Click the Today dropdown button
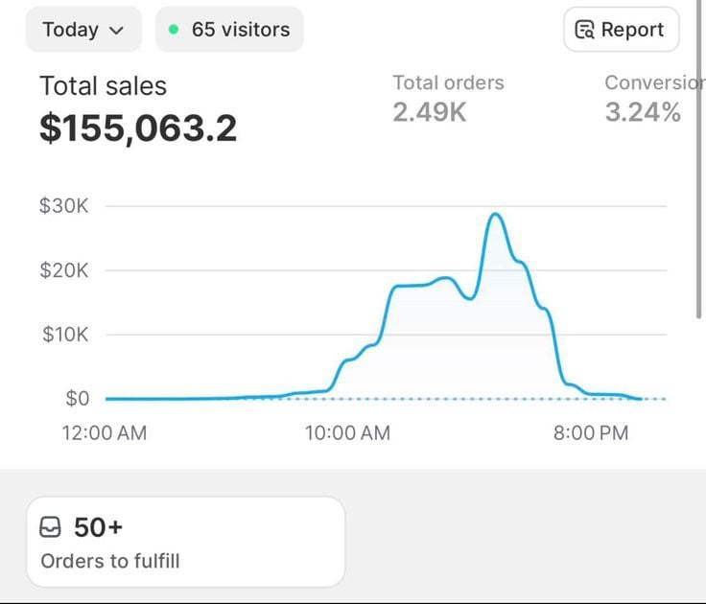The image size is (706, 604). coord(83,30)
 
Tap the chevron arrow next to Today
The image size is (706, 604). coord(117,31)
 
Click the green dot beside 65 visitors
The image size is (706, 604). coord(174,30)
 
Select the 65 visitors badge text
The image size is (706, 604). coord(242,30)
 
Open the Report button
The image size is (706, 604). coord(621,30)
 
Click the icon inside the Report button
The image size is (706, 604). coord(584,31)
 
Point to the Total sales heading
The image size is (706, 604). coord(103,86)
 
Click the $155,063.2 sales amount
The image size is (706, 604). coord(137,128)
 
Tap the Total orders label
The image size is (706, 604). coord(448,83)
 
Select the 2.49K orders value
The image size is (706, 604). coord(430,113)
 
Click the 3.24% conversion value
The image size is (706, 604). coord(643,113)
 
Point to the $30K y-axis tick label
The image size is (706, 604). coord(63,206)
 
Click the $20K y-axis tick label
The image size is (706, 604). coord(63,270)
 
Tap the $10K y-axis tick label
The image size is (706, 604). coord(63,335)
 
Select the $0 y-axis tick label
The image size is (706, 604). coord(77,399)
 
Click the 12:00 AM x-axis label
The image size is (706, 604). coord(105,433)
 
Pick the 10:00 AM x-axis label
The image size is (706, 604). coord(347,433)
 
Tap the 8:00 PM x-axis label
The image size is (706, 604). coord(590,433)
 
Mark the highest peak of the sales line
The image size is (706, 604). coord(495,214)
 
